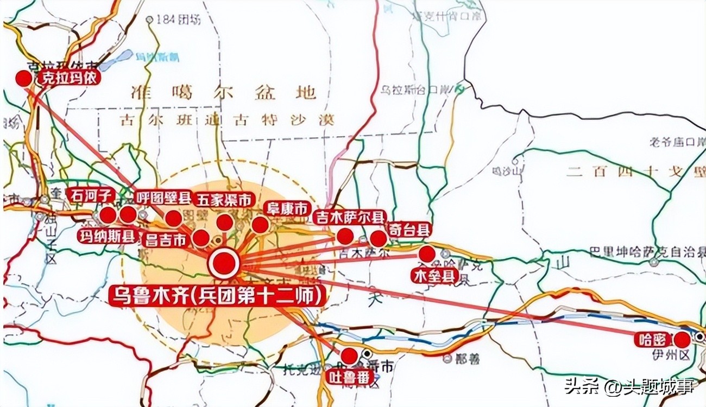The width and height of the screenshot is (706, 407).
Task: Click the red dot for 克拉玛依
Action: [23, 79]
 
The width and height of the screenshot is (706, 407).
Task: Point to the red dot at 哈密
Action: [682, 340]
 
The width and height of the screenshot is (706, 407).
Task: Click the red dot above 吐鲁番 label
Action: [349, 356]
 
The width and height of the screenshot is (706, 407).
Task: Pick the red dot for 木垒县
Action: [427, 253]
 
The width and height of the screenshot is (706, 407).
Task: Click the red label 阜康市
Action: [286, 208]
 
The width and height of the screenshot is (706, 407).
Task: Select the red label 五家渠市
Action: [224, 200]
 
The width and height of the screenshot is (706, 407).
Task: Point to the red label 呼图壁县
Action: [162, 196]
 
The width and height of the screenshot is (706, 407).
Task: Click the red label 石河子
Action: [91, 194]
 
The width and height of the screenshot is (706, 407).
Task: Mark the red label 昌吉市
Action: [166, 239]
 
